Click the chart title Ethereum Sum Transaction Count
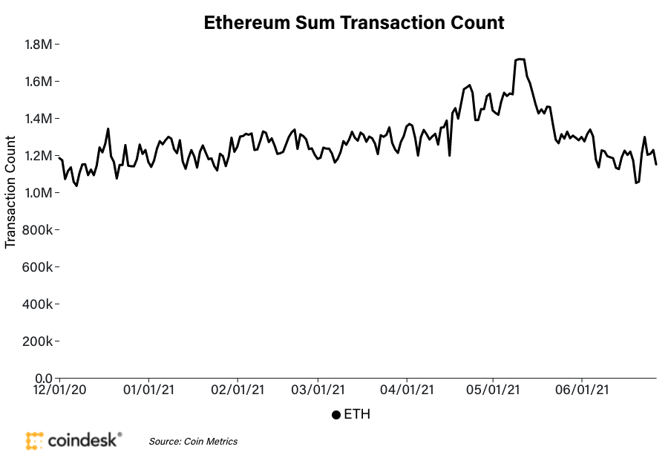click(x=354, y=23)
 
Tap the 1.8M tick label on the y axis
click(x=38, y=45)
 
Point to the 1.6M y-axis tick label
click(x=38, y=82)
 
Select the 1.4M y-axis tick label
click(x=38, y=119)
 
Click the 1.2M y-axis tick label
click(x=38, y=156)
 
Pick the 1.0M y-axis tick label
click(x=38, y=193)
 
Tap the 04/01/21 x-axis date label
click(x=406, y=390)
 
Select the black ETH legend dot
click(x=336, y=415)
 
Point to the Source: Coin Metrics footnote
click(x=193, y=442)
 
